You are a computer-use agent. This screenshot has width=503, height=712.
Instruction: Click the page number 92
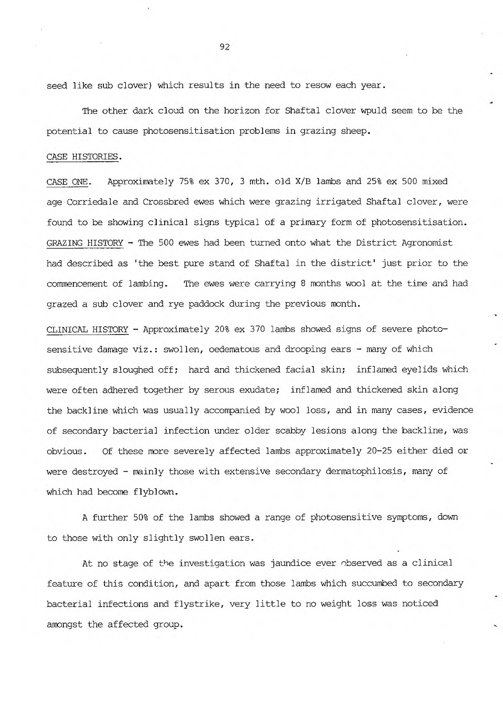pos(226,47)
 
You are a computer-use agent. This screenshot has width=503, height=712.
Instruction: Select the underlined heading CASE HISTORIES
pos(84,157)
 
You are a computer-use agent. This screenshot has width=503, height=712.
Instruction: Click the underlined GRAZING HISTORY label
pos(85,243)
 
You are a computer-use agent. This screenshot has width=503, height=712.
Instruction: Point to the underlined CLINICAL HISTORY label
pos(87,330)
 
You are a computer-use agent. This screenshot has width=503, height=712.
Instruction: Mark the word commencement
pos(77,283)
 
